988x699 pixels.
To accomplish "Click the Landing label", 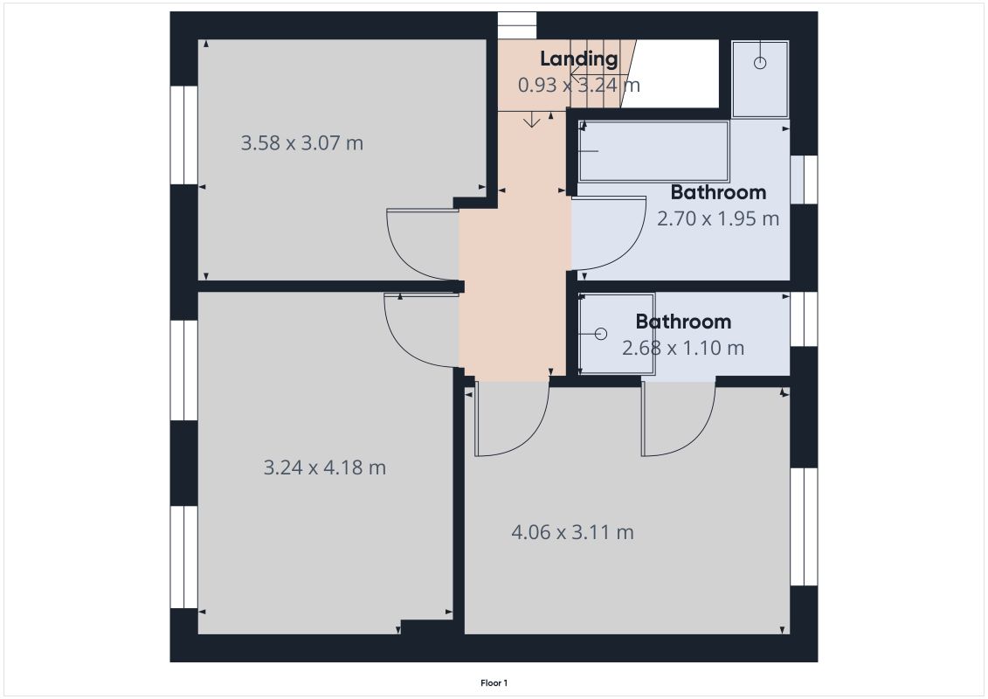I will click(x=578, y=59).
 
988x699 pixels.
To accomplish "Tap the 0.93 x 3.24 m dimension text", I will click(x=578, y=86).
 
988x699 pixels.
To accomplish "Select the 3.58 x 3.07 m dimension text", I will click(x=301, y=142).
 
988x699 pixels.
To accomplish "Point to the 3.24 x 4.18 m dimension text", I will click(x=324, y=467).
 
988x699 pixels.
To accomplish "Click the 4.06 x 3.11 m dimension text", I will click(x=572, y=531).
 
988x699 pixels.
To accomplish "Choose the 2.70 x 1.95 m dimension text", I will click(x=717, y=218).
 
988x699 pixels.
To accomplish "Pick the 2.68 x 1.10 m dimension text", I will click(x=682, y=348).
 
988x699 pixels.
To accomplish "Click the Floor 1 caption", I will click(x=494, y=682).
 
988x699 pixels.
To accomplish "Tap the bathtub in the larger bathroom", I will click(x=653, y=151).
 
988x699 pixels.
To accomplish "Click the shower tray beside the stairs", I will click(x=759, y=79).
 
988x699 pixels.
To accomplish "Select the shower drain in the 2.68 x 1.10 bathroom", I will click(x=600, y=334).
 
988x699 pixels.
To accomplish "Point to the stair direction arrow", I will click(x=531, y=121).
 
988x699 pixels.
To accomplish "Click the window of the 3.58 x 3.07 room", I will click(x=183, y=135).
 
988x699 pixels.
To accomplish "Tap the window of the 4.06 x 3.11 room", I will click(x=804, y=526).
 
